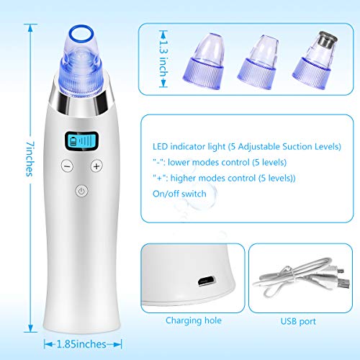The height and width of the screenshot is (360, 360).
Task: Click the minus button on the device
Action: pos(67,165)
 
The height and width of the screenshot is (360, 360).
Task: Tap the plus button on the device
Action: pos(96,165)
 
